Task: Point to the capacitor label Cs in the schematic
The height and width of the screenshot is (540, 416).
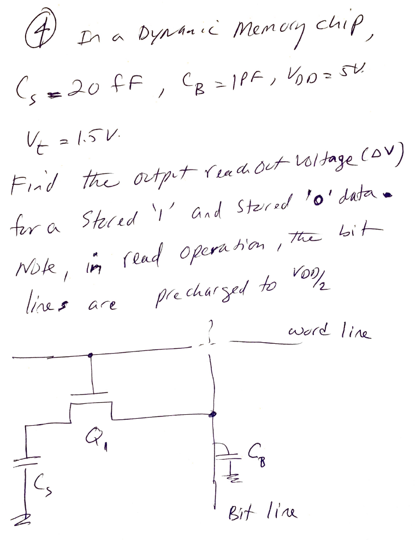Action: [41, 484]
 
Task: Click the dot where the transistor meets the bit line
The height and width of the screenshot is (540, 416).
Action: [211, 415]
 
